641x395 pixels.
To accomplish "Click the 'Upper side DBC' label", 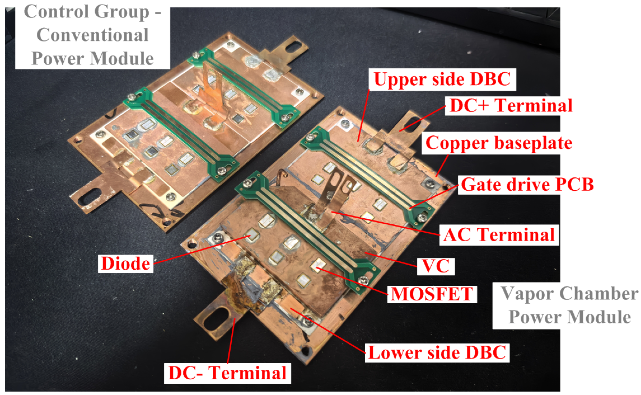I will pyautogui.click(x=442, y=79).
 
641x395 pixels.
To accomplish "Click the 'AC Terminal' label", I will pyautogui.click(x=499, y=235).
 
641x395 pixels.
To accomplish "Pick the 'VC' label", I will pyautogui.click(x=436, y=266).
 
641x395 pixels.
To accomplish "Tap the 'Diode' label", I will pyautogui.click(x=125, y=264).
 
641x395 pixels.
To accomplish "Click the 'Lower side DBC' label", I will pyautogui.click(x=437, y=353).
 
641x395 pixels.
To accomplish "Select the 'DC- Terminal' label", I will pyautogui.click(x=227, y=373).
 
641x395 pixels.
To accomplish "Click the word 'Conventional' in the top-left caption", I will pyautogui.click(x=93, y=35).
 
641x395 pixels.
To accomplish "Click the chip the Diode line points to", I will pyautogui.click(x=252, y=234).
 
